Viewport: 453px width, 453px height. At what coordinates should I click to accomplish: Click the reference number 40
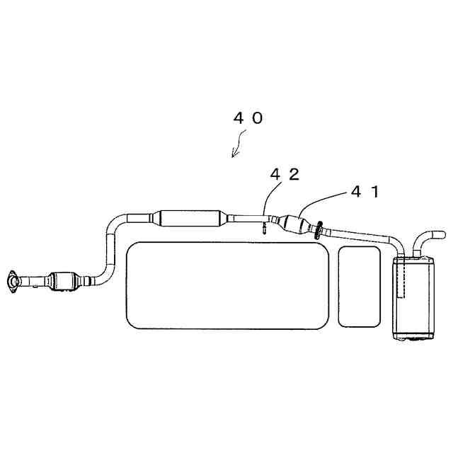[x=248, y=118]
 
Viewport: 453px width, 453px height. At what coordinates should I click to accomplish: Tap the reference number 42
[x=285, y=174]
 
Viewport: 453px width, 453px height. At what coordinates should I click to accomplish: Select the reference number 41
[x=365, y=192]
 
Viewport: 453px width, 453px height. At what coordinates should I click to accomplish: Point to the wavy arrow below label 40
[x=238, y=144]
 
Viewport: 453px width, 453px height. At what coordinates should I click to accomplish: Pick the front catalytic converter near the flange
[x=63, y=281]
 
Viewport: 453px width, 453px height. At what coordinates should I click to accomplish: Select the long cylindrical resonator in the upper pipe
[x=189, y=218]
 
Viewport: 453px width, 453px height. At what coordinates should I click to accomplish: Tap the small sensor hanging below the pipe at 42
[x=264, y=227]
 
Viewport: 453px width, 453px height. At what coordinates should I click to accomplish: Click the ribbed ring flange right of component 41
[x=319, y=230]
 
